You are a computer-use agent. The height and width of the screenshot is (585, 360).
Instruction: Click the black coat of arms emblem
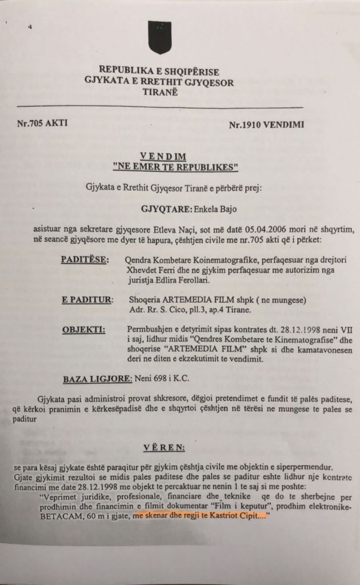[159, 36]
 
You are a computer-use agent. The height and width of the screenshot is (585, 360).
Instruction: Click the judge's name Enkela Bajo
[209, 210]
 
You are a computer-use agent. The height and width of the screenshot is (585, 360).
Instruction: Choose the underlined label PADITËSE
[85, 260]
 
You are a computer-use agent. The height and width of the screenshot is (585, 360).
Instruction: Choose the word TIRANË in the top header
[159, 93]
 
